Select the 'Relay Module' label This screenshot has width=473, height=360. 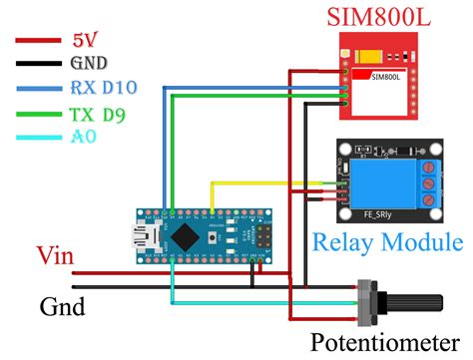coord(387,241)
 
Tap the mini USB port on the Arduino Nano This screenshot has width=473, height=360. coord(132,236)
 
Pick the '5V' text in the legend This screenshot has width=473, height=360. coord(86,41)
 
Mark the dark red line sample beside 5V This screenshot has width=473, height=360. coord(39,42)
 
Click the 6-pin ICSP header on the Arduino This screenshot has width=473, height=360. coord(264,236)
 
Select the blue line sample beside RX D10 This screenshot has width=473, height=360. coord(39,88)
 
